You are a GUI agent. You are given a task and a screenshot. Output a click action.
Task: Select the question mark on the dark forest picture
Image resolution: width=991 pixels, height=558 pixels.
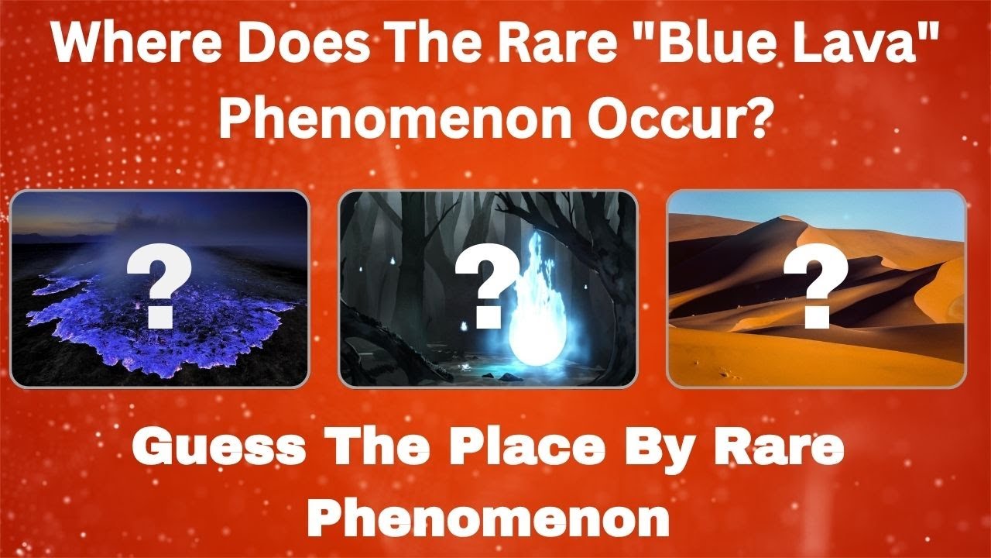485,288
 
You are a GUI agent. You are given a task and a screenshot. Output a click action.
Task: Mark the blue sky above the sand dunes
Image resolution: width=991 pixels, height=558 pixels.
890,209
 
